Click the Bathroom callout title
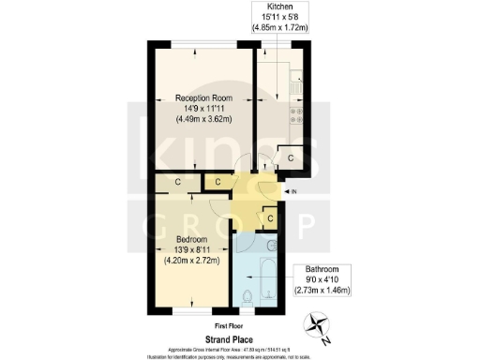(334, 269)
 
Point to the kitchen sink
(294, 86)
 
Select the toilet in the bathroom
(246, 297)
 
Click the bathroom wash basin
(270, 246)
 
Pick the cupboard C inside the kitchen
(291, 158)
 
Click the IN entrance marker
(293, 191)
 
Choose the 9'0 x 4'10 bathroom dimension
(334, 279)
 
